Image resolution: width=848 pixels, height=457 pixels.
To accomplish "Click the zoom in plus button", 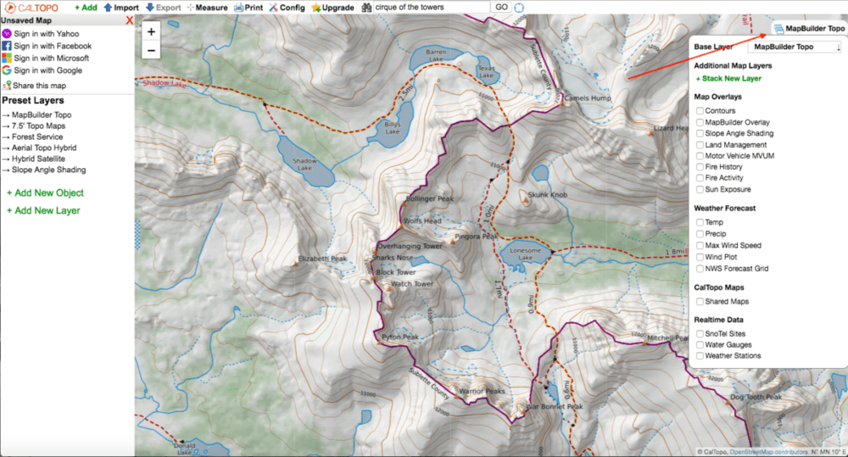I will tap(151, 31).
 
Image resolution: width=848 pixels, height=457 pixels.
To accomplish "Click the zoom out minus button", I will tap(151, 50).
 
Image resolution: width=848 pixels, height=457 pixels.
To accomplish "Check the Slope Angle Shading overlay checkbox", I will tap(700, 133).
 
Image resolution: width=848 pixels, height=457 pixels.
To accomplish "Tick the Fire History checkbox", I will tap(700, 167).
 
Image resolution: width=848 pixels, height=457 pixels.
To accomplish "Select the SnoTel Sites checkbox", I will tap(700, 333).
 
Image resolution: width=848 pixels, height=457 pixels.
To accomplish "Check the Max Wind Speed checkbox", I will tap(700, 245).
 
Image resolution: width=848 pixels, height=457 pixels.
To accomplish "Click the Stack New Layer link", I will tap(728, 78).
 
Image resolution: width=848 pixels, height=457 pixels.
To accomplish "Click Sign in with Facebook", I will tap(52, 46).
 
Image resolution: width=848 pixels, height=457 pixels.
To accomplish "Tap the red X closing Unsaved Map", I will tap(129, 20).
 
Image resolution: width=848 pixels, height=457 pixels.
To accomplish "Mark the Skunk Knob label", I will tap(547, 194).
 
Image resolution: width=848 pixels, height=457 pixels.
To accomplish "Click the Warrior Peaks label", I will tap(481, 391).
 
